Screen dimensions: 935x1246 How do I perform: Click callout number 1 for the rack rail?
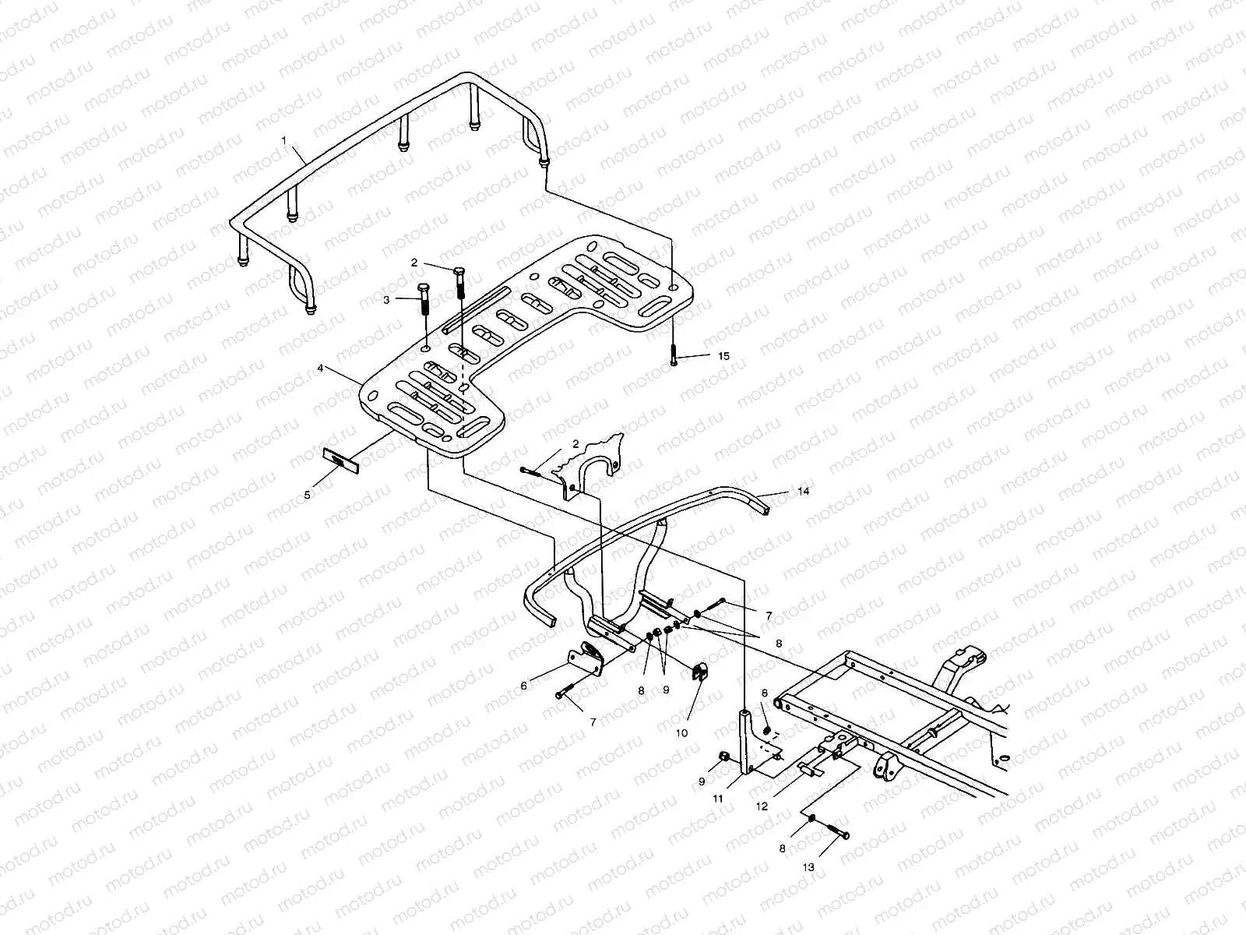(x=284, y=140)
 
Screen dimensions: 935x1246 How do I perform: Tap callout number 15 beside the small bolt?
(x=723, y=355)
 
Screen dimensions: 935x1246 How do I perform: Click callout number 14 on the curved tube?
(x=804, y=492)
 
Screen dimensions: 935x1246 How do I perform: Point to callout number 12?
(x=761, y=806)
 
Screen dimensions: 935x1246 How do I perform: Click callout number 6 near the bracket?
(x=524, y=686)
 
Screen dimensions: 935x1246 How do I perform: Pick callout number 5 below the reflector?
(x=307, y=494)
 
